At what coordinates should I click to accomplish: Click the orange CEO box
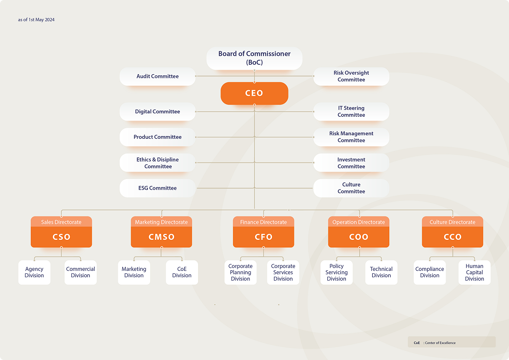254,93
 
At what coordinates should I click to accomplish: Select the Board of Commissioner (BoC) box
254,58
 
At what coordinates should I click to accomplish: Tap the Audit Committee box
157,77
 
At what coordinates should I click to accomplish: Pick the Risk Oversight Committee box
351,77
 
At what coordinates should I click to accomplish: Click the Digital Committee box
157,112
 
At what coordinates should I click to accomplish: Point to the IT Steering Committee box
351,112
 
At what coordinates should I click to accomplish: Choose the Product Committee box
157,137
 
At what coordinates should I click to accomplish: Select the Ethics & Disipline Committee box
157,163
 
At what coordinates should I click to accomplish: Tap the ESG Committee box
157,188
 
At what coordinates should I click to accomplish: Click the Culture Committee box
351,188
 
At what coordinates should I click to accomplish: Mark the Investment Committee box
351,163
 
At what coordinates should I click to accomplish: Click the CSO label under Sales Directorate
61,237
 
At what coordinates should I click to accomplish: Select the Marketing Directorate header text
161,222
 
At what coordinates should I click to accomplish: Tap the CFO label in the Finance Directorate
263,237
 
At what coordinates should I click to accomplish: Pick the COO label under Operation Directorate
359,237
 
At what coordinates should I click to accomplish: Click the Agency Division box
34,272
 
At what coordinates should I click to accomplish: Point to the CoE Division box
182,272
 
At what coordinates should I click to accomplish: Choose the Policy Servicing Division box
336,272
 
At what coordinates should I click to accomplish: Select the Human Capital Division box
474,272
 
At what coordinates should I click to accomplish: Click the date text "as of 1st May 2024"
36,20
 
